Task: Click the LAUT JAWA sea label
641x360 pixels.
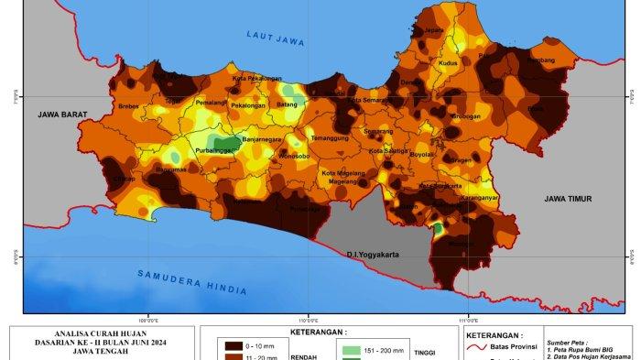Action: (x=276, y=37)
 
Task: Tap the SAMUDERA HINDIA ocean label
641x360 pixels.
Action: (x=192, y=282)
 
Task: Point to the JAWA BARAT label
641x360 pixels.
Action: (x=61, y=115)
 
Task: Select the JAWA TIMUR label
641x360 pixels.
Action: (x=567, y=198)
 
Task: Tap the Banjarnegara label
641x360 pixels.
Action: (x=265, y=140)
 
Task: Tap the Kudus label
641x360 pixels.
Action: (x=448, y=63)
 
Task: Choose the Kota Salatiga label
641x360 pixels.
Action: (x=388, y=149)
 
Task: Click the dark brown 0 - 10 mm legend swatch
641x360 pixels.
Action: (x=234, y=346)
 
